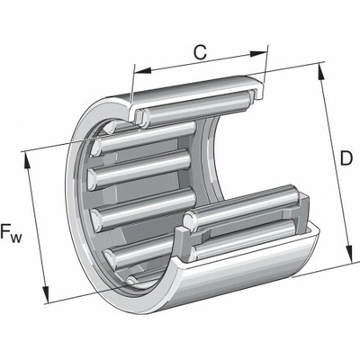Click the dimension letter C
(x=200, y=52)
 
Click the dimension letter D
(x=346, y=158)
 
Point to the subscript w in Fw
(x=16, y=238)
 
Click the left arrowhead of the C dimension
(x=143, y=71)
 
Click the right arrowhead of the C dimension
(x=258, y=53)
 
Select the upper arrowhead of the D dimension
(x=320, y=72)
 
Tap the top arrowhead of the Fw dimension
(x=27, y=162)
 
